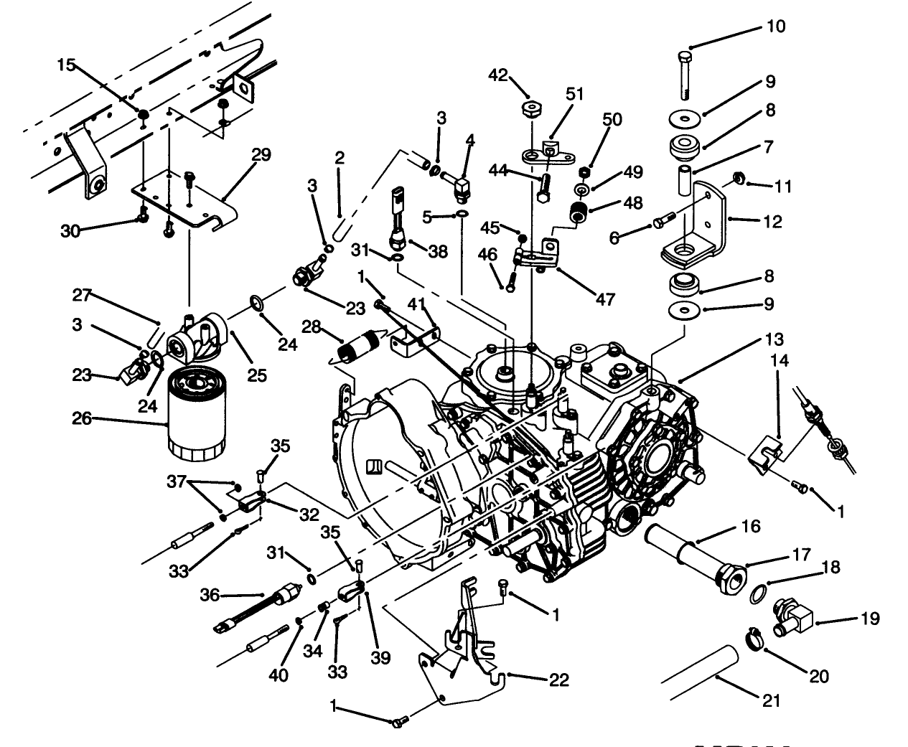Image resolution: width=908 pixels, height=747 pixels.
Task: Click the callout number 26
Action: click(82, 417)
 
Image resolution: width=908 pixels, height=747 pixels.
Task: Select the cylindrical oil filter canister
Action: click(197, 411)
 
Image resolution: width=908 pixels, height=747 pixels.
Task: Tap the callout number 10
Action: click(776, 27)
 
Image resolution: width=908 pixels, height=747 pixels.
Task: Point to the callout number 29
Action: click(261, 155)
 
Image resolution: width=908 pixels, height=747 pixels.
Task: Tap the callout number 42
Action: click(498, 75)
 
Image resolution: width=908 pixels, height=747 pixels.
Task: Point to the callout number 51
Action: click(575, 94)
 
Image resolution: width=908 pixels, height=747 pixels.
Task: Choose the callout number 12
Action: click(772, 222)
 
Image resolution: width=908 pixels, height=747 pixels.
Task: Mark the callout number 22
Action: click(558, 680)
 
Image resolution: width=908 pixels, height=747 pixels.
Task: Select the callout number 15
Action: click(66, 65)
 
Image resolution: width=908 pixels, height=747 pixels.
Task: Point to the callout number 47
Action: click(605, 299)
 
